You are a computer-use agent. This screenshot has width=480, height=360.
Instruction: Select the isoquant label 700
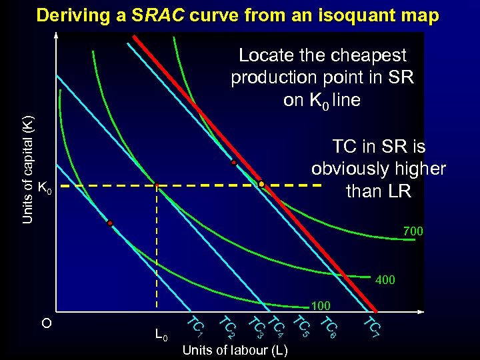tap(413, 231)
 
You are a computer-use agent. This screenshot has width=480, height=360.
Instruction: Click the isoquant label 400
tap(385, 280)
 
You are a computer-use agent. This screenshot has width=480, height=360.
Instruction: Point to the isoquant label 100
tap(321, 305)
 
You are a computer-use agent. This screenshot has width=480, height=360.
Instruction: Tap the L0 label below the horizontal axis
tap(161, 333)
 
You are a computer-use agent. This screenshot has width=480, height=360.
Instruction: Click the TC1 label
tap(194, 325)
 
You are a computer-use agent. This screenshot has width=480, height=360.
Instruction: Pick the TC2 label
tap(227, 326)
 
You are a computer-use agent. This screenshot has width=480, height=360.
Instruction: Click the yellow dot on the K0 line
tap(262, 184)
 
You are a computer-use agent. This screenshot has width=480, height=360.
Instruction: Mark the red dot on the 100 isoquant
tap(110, 223)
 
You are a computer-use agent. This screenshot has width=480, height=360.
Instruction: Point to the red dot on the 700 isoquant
tap(234, 163)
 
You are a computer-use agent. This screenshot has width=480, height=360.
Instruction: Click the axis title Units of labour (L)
tap(235, 350)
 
